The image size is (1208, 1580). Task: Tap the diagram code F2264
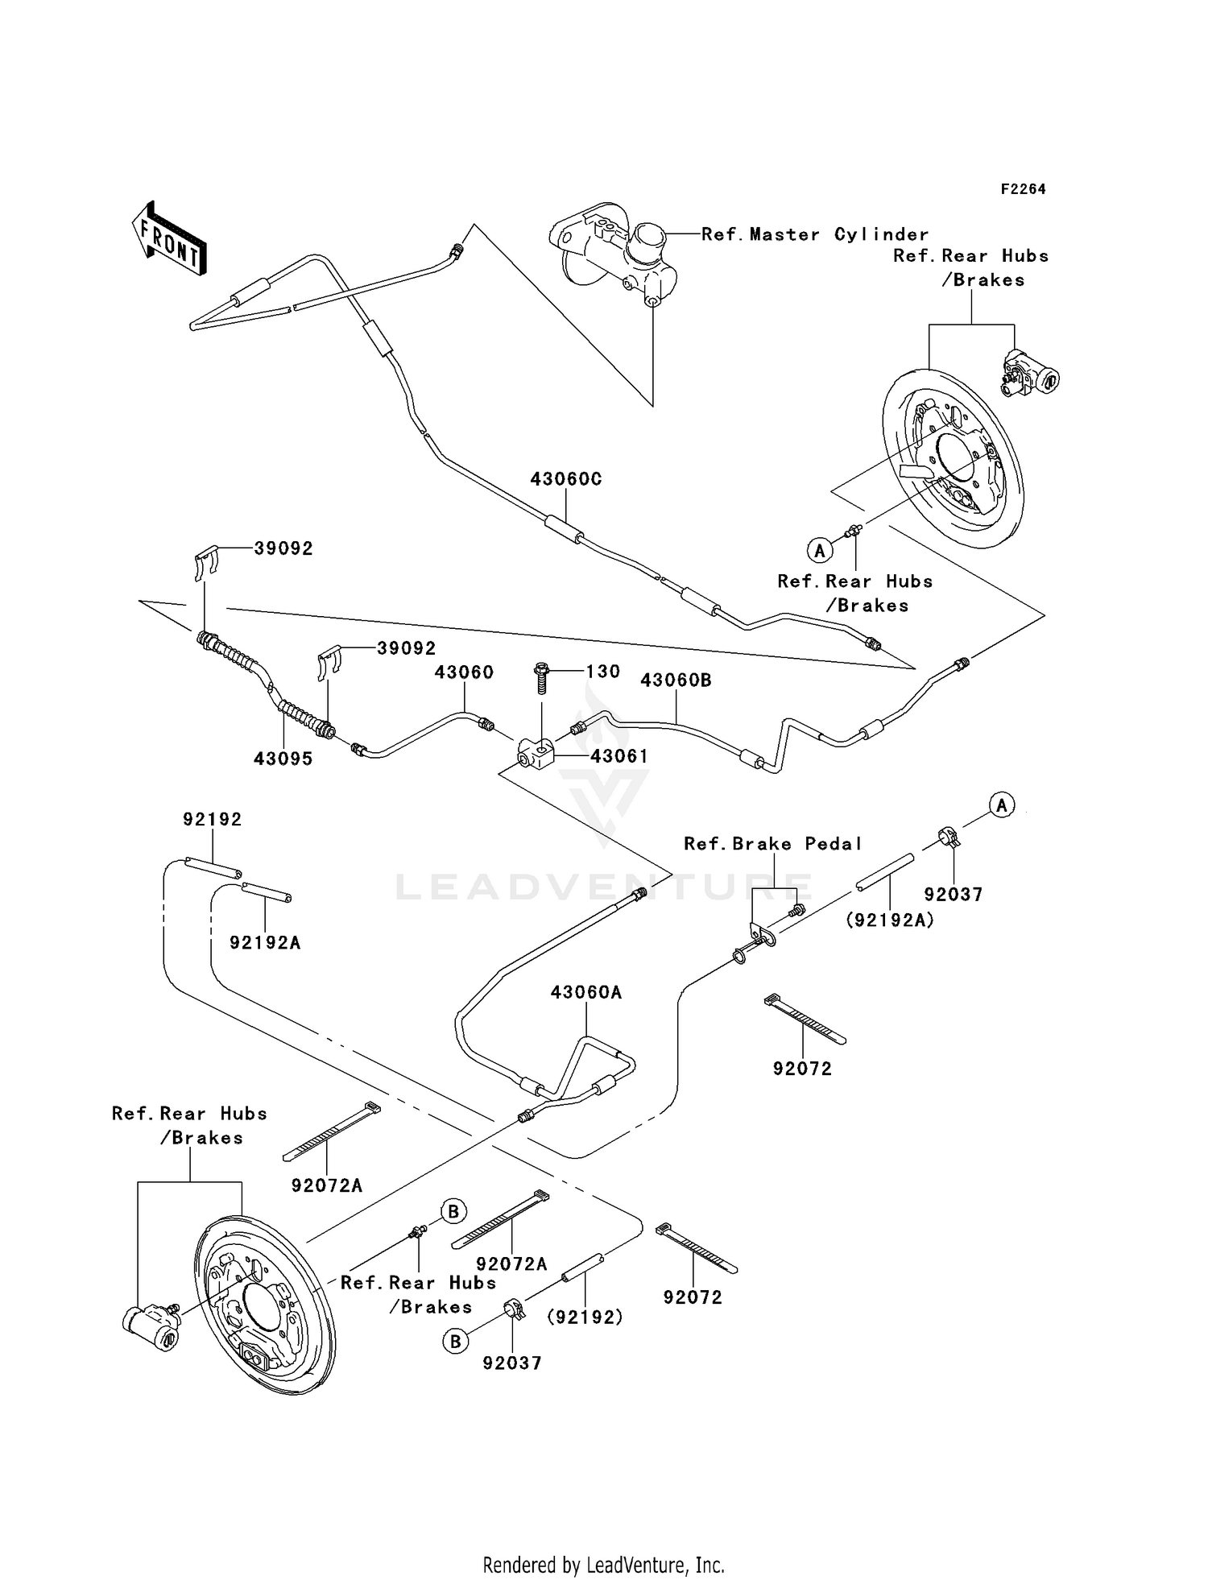(x=1023, y=189)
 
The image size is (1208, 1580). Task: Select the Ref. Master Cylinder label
(x=814, y=234)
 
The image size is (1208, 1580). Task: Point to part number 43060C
(x=565, y=479)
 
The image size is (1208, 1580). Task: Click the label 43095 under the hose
(x=283, y=759)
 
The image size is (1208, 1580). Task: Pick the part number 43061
(x=618, y=756)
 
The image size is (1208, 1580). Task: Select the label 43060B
(x=676, y=680)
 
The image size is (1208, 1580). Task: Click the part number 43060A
(x=586, y=993)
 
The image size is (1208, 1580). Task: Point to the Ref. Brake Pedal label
(x=772, y=844)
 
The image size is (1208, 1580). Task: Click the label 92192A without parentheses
(x=265, y=942)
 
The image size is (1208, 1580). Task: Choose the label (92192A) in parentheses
(x=889, y=920)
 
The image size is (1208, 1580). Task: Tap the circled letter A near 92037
(x=1002, y=804)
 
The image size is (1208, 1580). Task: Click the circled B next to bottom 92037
(x=456, y=1342)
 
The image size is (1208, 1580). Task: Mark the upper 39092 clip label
(x=283, y=548)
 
